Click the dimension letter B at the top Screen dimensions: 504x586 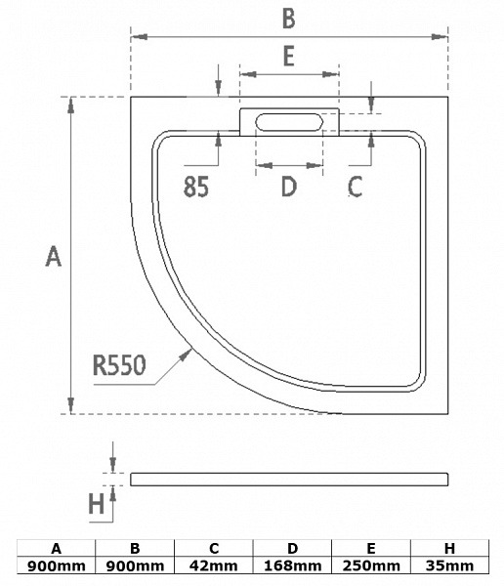(x=289, y=19)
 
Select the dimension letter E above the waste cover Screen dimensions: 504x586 (x=289, y=56)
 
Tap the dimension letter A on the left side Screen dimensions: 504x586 (x=53, y=256)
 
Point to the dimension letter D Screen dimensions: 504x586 (x=289, y=187)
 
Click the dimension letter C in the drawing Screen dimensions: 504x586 (x=355, y=187)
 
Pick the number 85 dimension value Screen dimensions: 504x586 (x=196, y=187)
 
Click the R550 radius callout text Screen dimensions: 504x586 (x=119, y=365)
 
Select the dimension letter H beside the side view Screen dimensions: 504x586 (x=96, y=503)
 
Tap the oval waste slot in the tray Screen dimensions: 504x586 (x=289, y=122)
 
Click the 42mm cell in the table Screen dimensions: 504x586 (x=214, y=565)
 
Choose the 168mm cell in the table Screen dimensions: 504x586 (x=292, y=565)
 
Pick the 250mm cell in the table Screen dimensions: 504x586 (x=371, y=565)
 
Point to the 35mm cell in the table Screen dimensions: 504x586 (x=449, y=565)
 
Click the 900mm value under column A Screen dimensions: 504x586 (x=56, y=565)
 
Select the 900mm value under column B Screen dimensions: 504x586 (x=135, y=565)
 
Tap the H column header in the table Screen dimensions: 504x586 (x=449, y=549)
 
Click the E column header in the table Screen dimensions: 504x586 (x=371, y=549)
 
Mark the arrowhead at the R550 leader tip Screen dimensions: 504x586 (x=186, y=356)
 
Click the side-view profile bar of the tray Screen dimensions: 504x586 (x=289, y=480)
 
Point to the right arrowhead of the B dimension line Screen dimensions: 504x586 (x=440, y=37)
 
